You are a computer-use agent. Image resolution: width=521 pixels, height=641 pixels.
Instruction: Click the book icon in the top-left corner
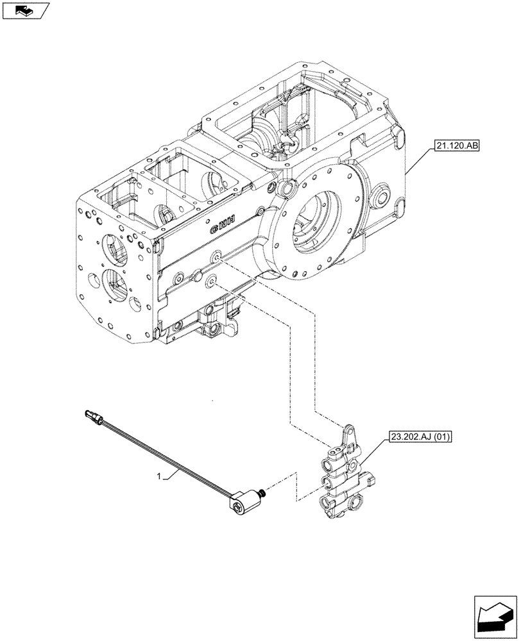point(24,10)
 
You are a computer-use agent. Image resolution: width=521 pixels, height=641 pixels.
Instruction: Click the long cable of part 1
point(167,458)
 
